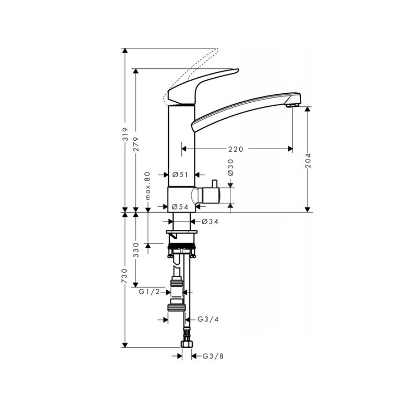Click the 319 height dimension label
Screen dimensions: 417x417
(x=126, y=134)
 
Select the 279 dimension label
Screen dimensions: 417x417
(x=136, y=144)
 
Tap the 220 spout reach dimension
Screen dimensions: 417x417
(x=236, y=149)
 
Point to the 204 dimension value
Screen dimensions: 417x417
(x=308, y=161)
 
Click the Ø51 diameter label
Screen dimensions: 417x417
(x=180, y=175)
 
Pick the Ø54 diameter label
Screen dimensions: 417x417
(x=180, y=206)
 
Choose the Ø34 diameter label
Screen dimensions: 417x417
(x=210, y=221)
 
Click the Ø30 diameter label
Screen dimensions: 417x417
(x=230, y=167)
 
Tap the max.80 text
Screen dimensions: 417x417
(x=148, y=186)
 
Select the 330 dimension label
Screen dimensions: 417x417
(x=136, y=250)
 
